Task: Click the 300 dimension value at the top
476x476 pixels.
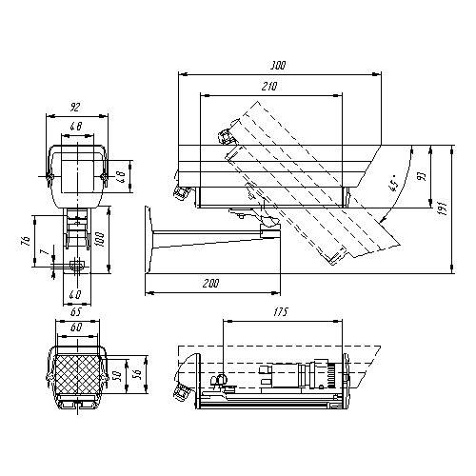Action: (278, 66)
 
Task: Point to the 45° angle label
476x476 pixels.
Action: (391, 185)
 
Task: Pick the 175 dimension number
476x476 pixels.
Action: (280, 312)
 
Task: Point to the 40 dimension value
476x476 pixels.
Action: (75, 293)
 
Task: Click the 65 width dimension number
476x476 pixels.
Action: (75, 311)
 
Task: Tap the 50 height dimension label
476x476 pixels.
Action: (116, 374)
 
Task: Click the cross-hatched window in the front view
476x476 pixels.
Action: (75, 374)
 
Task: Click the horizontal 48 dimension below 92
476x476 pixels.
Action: (76, 128)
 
